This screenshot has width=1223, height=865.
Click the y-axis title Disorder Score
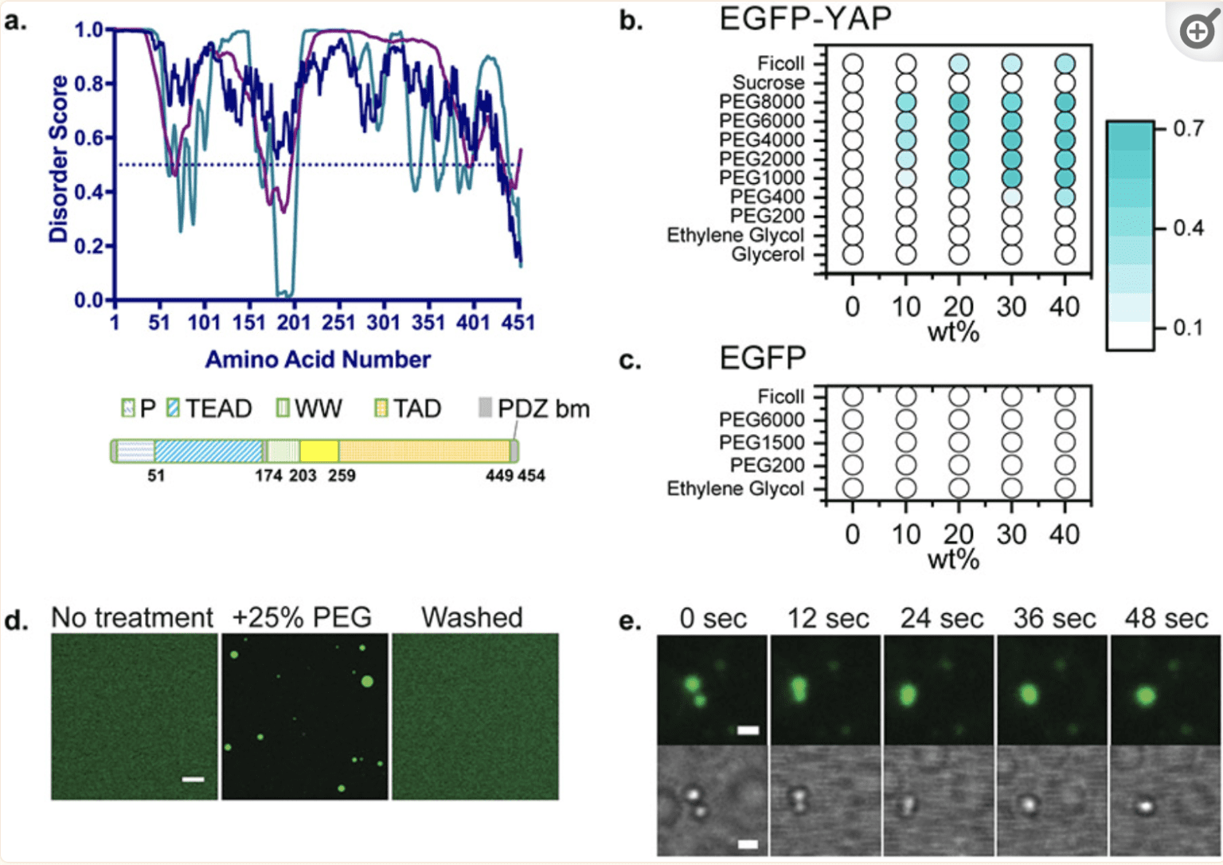(58, 159)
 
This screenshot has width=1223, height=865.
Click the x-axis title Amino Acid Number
(318, 360)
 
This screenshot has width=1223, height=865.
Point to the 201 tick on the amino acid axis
(294, 323)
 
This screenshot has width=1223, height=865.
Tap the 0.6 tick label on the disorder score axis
(88, 138)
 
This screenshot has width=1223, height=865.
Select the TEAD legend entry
(209, 409)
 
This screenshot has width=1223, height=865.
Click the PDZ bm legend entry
(534, 409)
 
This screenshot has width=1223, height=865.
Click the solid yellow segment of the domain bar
(319, 451)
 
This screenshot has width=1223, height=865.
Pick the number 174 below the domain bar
(268, 476)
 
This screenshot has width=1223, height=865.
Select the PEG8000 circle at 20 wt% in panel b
(959, 102)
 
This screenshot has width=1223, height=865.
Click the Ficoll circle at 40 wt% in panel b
(1065, 64)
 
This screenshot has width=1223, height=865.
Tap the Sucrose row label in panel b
(768, 83)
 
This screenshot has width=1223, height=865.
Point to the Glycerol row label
(768, 255)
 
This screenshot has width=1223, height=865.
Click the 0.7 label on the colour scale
(1188, 128)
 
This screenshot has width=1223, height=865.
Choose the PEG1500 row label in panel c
(761, 443)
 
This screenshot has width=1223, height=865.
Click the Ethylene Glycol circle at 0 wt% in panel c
(853, 488)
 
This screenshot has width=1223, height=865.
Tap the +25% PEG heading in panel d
(302, 617)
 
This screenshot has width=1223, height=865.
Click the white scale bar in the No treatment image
(193, 779)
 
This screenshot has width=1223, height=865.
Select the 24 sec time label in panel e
(941, 619)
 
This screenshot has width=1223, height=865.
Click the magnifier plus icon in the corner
(1197, 33)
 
